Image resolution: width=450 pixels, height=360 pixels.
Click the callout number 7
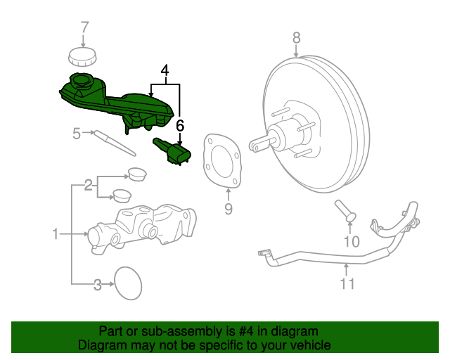[x=84, y=27]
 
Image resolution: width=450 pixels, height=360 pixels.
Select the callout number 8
[x=296, y=37]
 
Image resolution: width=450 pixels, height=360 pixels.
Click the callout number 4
[x=165, y=70]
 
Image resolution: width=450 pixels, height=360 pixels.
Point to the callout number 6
[x=180, y=126]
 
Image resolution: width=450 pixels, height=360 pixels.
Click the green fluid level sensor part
[x=173, y=151]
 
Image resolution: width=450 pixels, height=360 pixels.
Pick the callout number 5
[x=76, y=131]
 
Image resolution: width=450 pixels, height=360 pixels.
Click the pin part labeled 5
[x=115, y=145]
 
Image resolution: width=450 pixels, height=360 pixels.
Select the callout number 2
[x=89, y=186]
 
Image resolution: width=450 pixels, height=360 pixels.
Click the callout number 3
[x=98, y=285]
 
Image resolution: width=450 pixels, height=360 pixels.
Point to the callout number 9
[x=228, y=208]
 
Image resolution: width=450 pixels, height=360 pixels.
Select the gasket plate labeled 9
[x=221, y=161]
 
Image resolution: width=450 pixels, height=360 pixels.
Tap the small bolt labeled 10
[x=344, y=210]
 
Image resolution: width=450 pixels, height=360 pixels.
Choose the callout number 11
[x=347, y=283]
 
